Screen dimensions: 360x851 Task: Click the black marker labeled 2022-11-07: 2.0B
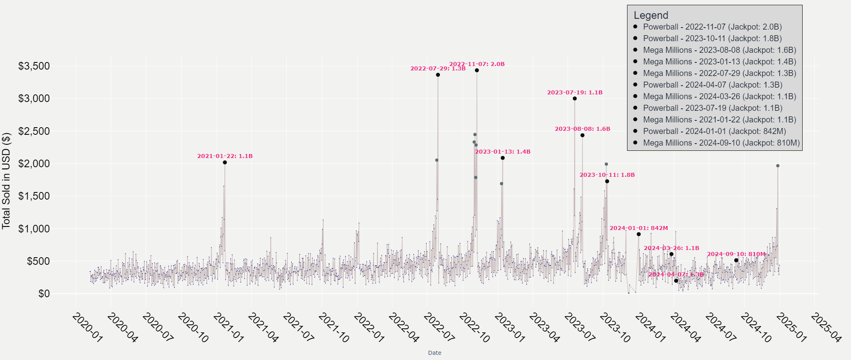pyautogui.click(x=477, y=70)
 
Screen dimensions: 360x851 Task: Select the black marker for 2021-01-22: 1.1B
pyautogui.click(x=225, y=162)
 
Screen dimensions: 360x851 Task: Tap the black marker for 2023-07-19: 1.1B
pyautogui.click(x=575, y=98)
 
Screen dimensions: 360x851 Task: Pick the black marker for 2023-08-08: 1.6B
pyautogui.click(x=582, y=135)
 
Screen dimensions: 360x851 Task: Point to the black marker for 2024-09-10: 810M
pyautogui.click(x=736, y=260)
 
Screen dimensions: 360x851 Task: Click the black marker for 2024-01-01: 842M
pyautogui.click(x=639, y=234)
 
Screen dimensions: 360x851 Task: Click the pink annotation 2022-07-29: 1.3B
pyautogui.click(x=438, y=69)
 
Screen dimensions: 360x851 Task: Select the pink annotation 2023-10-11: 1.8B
pyautogui.click(x=607, y=175)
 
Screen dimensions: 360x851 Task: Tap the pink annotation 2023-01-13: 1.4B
pyautogui.click(x=503, y=152)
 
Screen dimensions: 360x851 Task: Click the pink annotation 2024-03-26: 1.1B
pyautogui.click(x=671, y=248)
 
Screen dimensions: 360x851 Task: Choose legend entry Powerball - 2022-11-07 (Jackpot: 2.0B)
pyautogui.click(x=712, y=27)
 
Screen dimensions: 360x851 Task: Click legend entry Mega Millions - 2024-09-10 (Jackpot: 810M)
pyautogui.click(x=721, y=143)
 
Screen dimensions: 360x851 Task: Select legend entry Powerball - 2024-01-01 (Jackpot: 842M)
pyautogui.click(x=714, y=132)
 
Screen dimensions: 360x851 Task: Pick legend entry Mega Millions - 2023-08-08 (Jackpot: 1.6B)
pyautogui.click(x=719, y=50)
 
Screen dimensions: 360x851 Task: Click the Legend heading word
pyautogui.click(x=651, y=15)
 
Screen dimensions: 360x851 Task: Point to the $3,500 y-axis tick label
pyautogui.click(x=34, y=66)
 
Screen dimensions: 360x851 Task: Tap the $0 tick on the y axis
pyautogui.click(x=44, y=294)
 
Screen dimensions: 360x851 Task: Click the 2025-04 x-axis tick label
pyautogui.click(x=826, y=328)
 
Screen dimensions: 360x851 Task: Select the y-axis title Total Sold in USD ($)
pyautogui.click(x=6, y=181)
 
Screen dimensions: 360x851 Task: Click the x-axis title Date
pyautogui.click(x=434, y=353)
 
